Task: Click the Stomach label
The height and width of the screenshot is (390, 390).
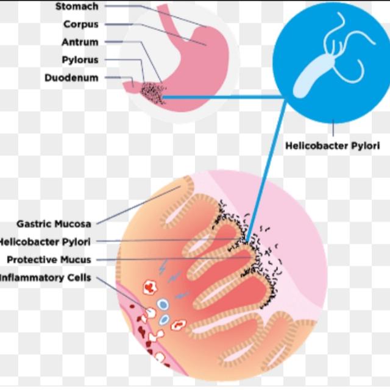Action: point(76,7)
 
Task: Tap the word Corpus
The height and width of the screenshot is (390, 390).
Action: point(80,24)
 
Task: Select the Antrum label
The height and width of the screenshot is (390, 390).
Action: point(79,42)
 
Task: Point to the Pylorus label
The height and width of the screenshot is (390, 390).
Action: point(79,60)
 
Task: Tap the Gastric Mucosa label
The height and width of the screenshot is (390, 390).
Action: point(54,224)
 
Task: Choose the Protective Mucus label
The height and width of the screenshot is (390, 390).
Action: point(49,260)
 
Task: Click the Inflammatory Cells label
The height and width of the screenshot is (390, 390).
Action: point(46,278)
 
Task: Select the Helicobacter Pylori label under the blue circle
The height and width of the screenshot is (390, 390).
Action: point(332,146)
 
